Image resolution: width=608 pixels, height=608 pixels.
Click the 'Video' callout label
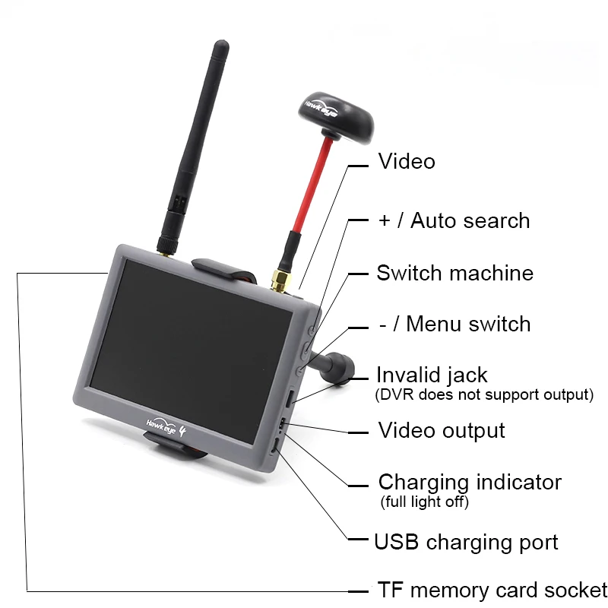click(x=407, y=161)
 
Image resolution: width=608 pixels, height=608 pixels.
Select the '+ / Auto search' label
click(x=454, y=221)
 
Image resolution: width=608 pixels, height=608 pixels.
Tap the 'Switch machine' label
click(x=454, y=273)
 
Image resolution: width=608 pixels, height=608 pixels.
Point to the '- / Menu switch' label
click(x=454, y=324)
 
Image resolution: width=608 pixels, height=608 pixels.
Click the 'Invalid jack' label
click(x=432, y=375)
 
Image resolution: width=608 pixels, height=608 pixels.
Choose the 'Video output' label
click(x=442, y=430)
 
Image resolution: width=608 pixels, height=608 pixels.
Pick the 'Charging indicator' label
click(x=470, y=482)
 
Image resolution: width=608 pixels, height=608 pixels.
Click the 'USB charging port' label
click(x=466, y=542)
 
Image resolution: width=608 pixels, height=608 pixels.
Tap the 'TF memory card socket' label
click(x=492, y=591)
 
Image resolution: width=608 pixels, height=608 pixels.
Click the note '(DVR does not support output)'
click(x=484, y=394)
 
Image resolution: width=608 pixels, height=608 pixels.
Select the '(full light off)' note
click(x=424, y=502)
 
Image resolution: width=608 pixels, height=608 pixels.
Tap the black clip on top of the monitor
click(x=221, y=267)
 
